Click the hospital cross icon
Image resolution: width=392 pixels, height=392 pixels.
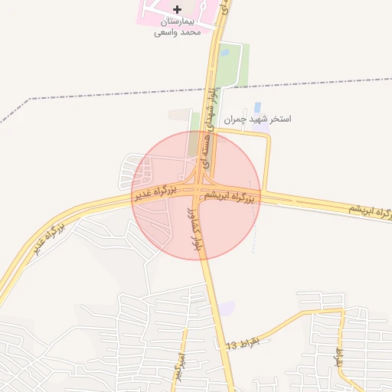178,9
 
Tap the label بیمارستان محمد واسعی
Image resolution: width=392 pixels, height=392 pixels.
178,28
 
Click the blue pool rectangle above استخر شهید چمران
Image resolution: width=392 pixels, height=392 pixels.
256,106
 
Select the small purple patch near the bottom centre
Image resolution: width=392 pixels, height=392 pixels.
227,308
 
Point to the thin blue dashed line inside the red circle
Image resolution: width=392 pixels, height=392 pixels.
253,230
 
